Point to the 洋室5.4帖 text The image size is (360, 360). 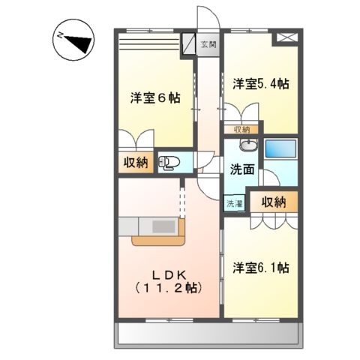coord(259,83)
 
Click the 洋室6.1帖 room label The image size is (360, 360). coord(260,267)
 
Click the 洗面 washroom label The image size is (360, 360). coord(241,169)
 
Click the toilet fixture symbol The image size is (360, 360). coord(169,161)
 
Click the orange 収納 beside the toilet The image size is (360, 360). coord(136,162)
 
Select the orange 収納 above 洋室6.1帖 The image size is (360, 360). coord(274,201)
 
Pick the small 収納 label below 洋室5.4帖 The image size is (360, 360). coord(241,129)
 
